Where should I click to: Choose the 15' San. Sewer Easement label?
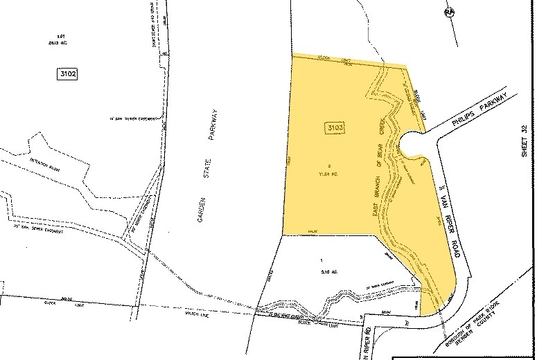pos(132,118)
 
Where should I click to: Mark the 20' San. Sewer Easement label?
pos(40,230)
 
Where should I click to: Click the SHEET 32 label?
pos(525,142)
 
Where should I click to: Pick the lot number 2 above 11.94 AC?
pos(331,165)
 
